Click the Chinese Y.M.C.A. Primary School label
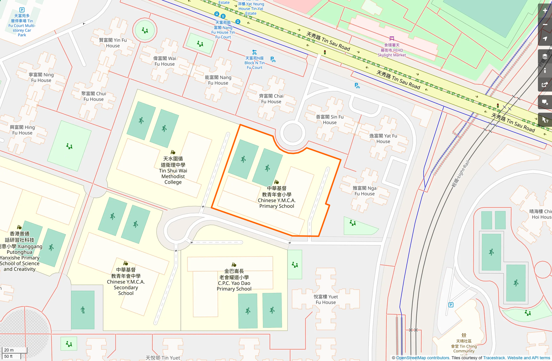pos(277,197)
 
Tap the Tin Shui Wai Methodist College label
pos(173,171)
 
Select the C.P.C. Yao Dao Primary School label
pos(234,280)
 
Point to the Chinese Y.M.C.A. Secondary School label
pos(126,281)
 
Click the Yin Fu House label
pos(113,43)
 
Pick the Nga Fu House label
pos(364,191)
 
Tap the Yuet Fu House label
pos(326,299)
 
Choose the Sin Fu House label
pos(330,119)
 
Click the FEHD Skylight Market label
pos(392,50)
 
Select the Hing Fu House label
pos(22,130)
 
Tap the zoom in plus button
pos(545,11)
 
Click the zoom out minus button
pos(545,25)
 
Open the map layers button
pos(545,56)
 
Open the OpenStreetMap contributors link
pos(423,358)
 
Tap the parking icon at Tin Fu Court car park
pos(22,10)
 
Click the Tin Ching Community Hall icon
pos(464,335)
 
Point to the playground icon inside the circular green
pos(145,30)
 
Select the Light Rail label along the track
pos(461,174)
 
